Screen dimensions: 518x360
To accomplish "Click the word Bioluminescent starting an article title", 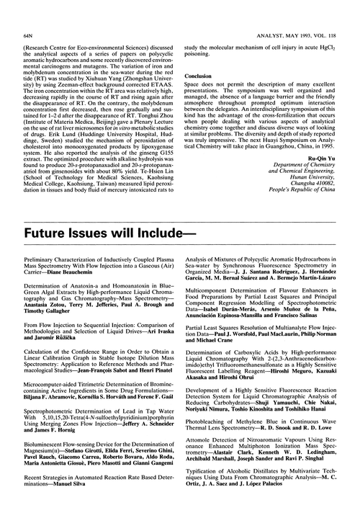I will click(46, 454).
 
